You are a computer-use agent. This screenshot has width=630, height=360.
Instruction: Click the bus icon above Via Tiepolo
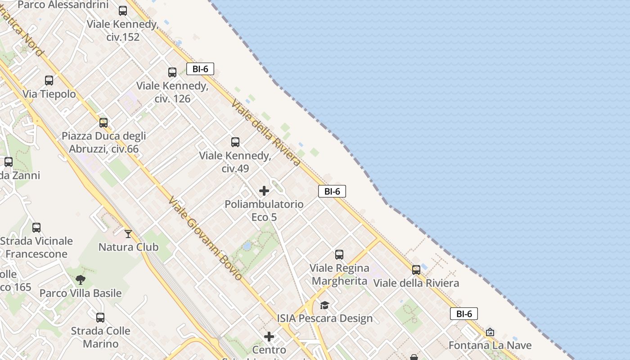[x=49, y=81]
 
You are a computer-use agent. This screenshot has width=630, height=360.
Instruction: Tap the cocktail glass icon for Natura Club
[x=128, y=234]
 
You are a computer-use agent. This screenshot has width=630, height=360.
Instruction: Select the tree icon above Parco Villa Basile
[x=81, y=280]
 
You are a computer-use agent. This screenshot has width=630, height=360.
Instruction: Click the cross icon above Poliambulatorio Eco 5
[x=264, y=191]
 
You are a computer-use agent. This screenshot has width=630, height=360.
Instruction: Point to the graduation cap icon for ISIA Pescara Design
[x=324, y=306]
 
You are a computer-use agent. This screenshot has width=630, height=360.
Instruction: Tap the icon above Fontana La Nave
[x=490, y=333]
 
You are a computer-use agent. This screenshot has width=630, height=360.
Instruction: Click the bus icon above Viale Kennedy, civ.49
[x=235, y=142]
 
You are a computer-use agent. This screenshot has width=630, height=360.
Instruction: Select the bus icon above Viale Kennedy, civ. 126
[x=172, y=72]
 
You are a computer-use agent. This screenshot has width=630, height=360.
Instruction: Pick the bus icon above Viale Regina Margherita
[x=339, y=255]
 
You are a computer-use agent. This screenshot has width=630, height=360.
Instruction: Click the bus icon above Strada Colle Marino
[x=100, y=317]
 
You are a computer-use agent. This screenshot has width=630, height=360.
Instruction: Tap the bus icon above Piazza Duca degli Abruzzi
[x=103, y=122]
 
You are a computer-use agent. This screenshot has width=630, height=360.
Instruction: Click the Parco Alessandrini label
[x=63, y=5]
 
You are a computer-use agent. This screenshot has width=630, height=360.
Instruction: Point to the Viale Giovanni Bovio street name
[x=205, y=238]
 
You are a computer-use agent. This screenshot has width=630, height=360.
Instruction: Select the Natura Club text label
[x=128, y=247]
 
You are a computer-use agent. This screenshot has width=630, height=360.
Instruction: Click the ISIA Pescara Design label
[x=325, y=319]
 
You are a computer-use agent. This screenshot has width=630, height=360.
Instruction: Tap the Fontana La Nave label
[x=490, y=346]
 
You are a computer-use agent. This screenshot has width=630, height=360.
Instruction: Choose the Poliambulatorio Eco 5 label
[x=264, y=211]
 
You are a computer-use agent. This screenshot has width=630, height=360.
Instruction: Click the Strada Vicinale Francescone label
[x=36, y=247]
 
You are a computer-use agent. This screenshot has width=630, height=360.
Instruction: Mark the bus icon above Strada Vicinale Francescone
[x=36, y=228]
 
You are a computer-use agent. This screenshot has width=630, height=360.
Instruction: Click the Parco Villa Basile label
[x=81, y=293]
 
